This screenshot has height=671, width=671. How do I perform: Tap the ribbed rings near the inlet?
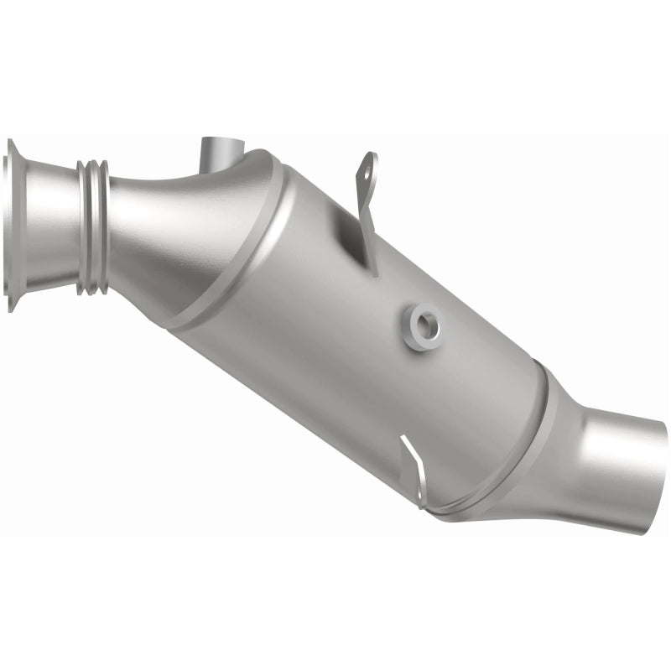[92, 226]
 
